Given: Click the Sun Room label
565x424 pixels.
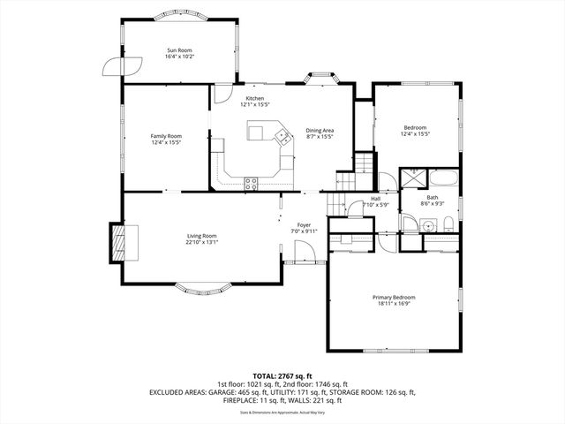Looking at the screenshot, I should (179, 50).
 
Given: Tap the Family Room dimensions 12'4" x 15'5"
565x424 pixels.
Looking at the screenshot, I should (166, 142).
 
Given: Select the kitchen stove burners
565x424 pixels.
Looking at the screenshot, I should (251, 184).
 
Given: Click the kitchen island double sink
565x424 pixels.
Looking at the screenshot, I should (283, 136).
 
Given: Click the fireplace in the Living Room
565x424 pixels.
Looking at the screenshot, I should (117, 239).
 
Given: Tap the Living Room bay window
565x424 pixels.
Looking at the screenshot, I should (201, 287).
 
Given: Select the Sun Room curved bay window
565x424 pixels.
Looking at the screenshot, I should (179, 15).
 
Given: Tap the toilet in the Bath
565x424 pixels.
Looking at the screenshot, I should (448, 222).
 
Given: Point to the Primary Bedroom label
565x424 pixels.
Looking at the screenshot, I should (393, 298).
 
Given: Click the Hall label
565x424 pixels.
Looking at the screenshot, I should (375, 199).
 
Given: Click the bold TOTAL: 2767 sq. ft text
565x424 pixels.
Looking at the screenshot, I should (282, 376).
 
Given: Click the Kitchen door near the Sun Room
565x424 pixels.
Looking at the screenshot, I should (222, 93).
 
